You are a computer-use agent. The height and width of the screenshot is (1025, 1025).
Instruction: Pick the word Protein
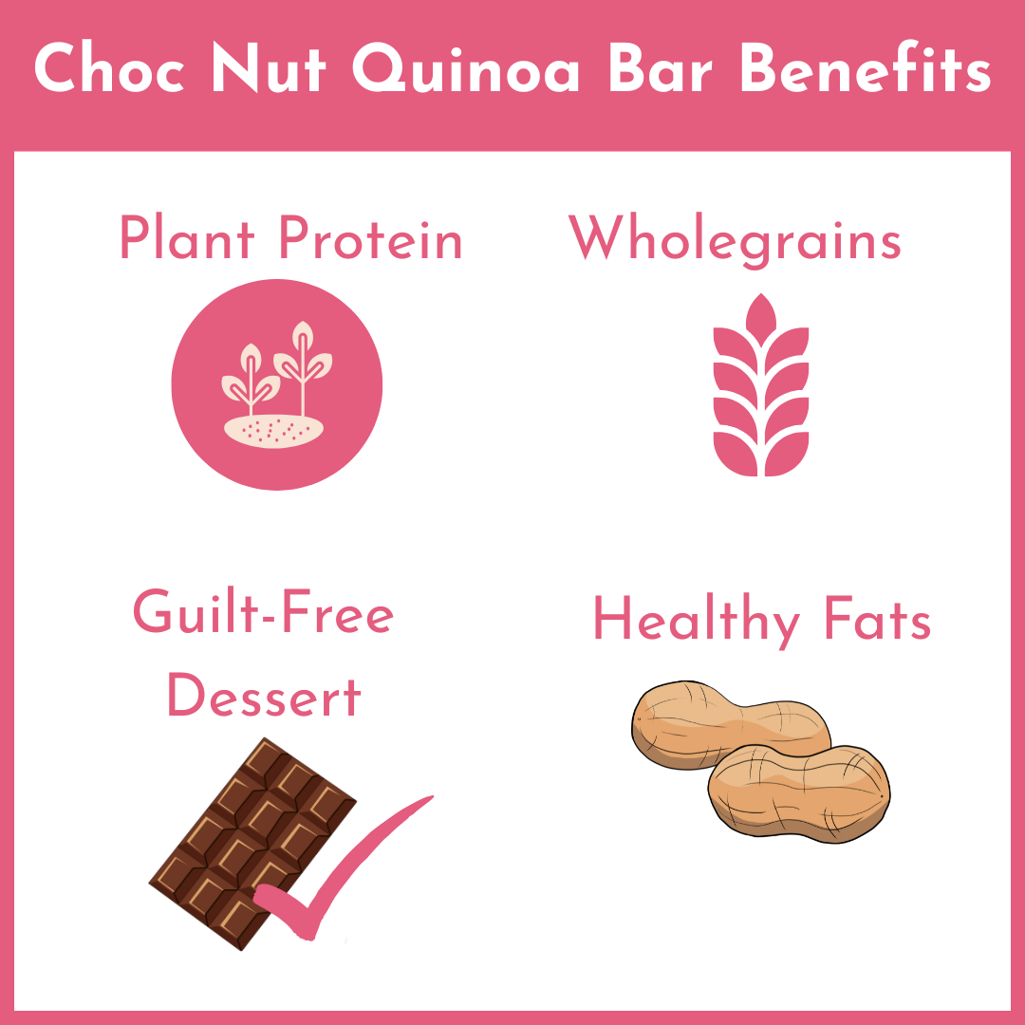point(371,239)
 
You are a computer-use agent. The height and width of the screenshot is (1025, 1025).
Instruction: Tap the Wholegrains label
point(735,239)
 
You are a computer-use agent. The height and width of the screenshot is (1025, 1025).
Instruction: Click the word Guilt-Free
point(263,613)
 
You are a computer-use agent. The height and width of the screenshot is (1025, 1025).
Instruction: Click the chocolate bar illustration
point(237,835)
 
